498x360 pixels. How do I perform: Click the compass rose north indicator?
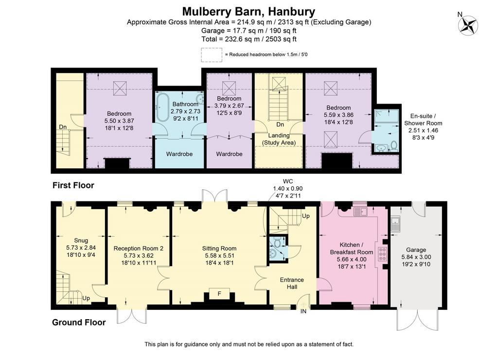point(468,25)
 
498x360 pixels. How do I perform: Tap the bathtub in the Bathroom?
point(163,108)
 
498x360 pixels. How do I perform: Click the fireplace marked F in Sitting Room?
point(219,294)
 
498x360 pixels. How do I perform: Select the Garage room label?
point(416,250)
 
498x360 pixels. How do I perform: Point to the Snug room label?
point(81,240)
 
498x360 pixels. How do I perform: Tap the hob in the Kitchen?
point(382,254)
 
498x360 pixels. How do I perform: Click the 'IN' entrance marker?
point(303,311)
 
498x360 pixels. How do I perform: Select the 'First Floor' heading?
point(73,185)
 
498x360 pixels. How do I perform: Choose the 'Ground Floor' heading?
point(79,323)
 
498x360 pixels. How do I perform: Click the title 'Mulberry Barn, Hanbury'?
point(249,12)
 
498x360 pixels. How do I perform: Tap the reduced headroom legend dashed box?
point(212,54)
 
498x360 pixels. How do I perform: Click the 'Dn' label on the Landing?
point(280,124)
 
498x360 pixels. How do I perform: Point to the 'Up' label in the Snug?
point(86,298)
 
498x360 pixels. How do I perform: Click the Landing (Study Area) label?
point(279,139)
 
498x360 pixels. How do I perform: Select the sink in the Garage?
point(395,224)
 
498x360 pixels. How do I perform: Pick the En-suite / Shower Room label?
point(423,120)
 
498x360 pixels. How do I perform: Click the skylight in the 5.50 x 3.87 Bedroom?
point(120,88)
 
